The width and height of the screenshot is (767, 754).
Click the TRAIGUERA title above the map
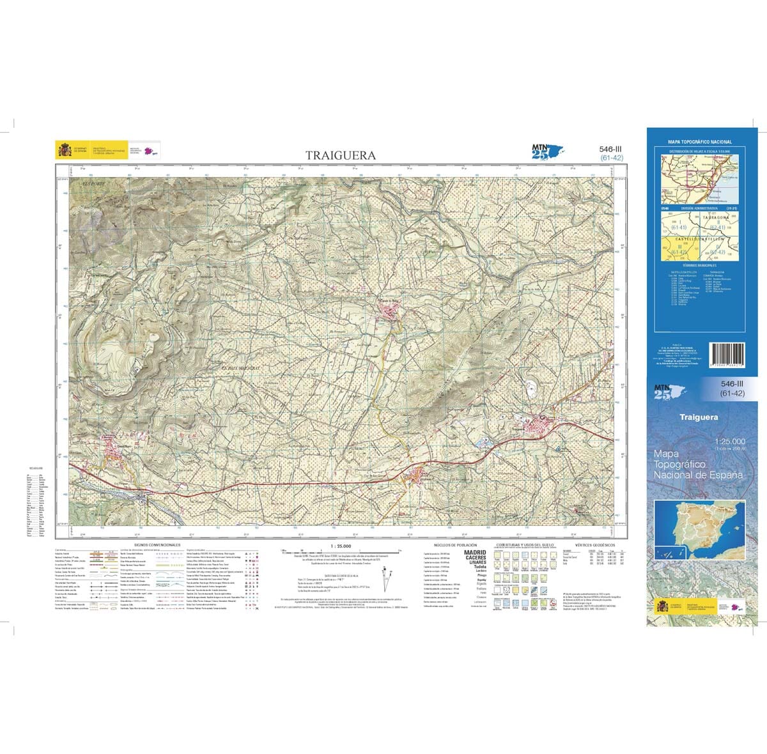tap(340, 155)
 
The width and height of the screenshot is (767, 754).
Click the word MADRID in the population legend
tap(475, 553)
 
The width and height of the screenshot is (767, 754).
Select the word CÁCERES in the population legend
tap(475, 558)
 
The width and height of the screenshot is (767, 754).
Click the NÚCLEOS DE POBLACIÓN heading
tap(456, 544)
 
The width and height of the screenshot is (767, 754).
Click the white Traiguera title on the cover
tap(699, 417)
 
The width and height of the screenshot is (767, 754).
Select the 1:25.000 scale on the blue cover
tap(730, 442)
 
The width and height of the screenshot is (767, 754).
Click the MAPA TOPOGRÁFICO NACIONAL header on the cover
tap(700, 142)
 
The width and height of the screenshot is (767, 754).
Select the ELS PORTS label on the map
tap(94, 184)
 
